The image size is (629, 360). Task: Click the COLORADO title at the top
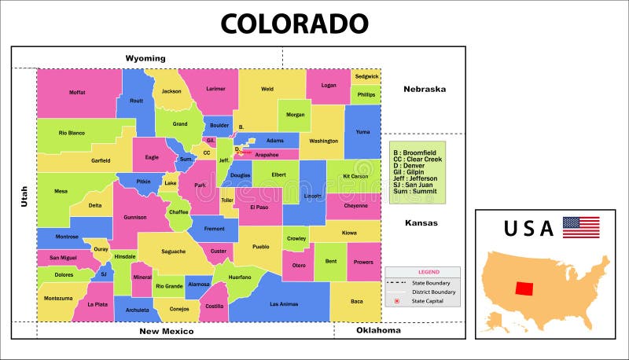(294, 23)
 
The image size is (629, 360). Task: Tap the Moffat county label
(77, 93)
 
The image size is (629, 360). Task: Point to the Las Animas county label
(284, 304)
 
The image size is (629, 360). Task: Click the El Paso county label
(259, 208)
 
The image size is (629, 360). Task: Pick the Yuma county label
(362, 132)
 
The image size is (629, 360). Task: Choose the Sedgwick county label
(366, 76)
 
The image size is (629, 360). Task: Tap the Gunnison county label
(135, 217)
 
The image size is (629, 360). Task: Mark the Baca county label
(357, 302)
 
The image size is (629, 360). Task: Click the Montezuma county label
(58, 298)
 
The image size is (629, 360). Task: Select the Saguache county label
(174, 252)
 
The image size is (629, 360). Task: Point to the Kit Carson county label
(355, 176)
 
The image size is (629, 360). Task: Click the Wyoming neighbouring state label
(145, 58)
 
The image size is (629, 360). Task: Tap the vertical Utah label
(24, 197)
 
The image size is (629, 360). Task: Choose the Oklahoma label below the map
(378, 330)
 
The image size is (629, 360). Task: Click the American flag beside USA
(580, 227)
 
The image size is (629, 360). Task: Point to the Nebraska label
(425, 89)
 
